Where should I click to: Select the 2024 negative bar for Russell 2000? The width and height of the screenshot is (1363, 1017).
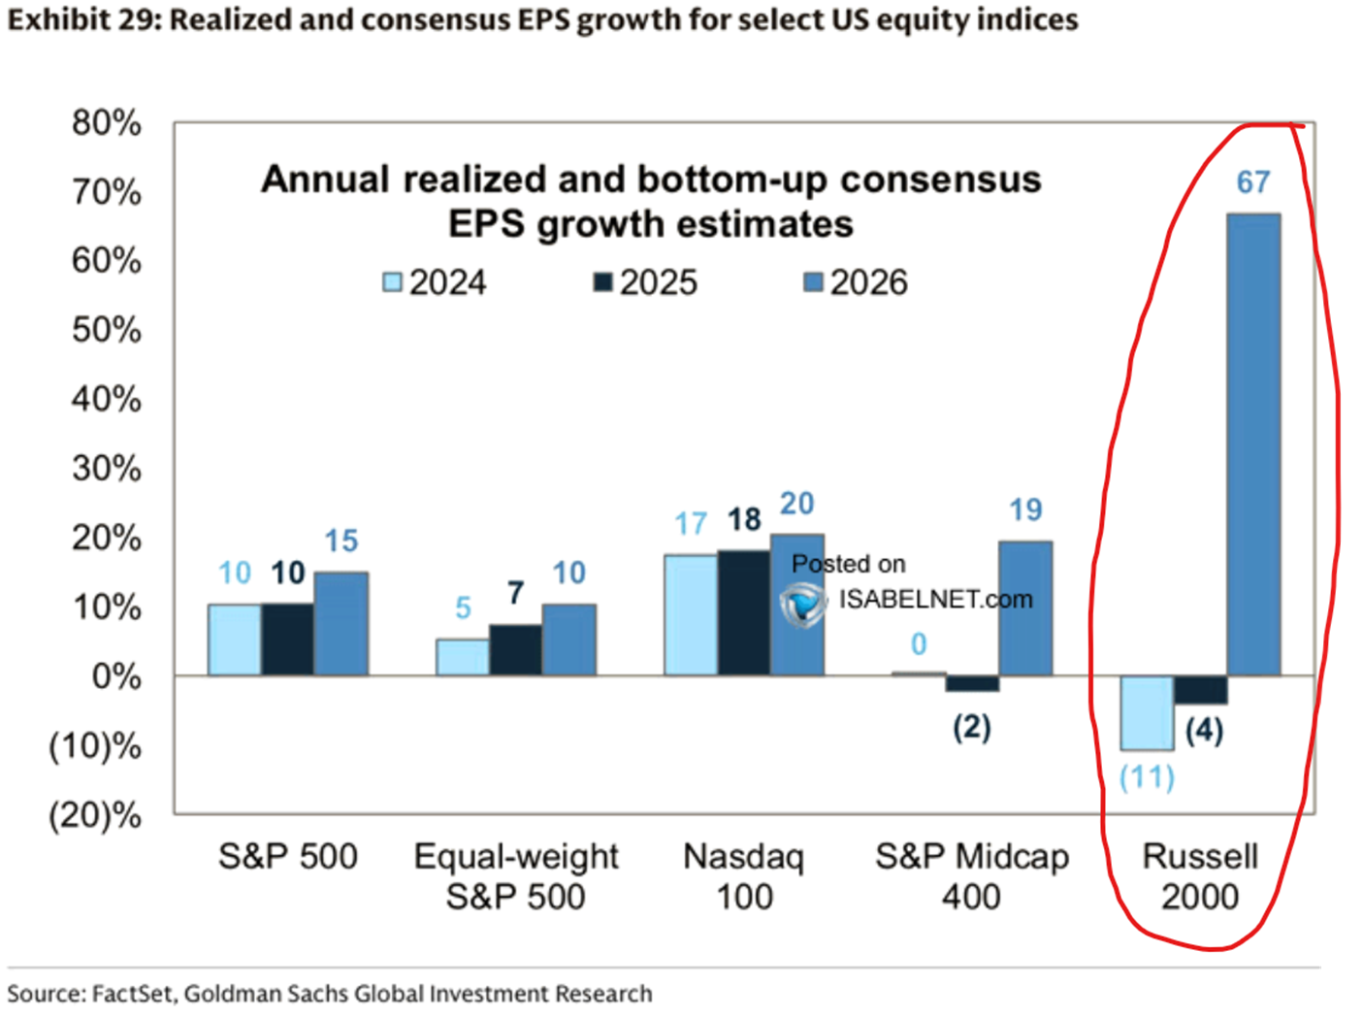pos(1147,713)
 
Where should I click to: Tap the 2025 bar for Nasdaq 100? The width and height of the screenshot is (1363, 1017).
pos(744,612)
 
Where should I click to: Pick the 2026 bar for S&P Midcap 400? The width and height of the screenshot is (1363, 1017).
pos(1025,608)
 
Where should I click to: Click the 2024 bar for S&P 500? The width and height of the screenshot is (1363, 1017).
pos(235,640)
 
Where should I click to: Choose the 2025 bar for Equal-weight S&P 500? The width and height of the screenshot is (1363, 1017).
pos(515,650)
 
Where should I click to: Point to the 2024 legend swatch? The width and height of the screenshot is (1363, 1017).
pos(392,282)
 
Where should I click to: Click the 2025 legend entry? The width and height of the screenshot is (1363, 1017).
pos(646,282)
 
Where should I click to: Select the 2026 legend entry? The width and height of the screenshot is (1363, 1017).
pos(856,282)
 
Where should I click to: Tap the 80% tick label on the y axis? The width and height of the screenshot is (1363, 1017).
pos(107,123)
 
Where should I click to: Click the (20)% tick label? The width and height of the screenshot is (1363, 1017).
pos(95,815)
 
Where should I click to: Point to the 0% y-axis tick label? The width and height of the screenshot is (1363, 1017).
pos(116,676)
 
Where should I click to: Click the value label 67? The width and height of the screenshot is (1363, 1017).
pos(1252,182)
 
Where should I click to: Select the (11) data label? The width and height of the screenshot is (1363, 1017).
pos(1147,777)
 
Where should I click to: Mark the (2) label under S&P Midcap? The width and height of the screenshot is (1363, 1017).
pos(971,727)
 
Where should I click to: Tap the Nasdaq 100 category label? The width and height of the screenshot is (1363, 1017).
pos(744,876)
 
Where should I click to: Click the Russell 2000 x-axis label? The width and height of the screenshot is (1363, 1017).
pos(1200,876)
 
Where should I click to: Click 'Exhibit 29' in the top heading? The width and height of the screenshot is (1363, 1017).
pos(79,19)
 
